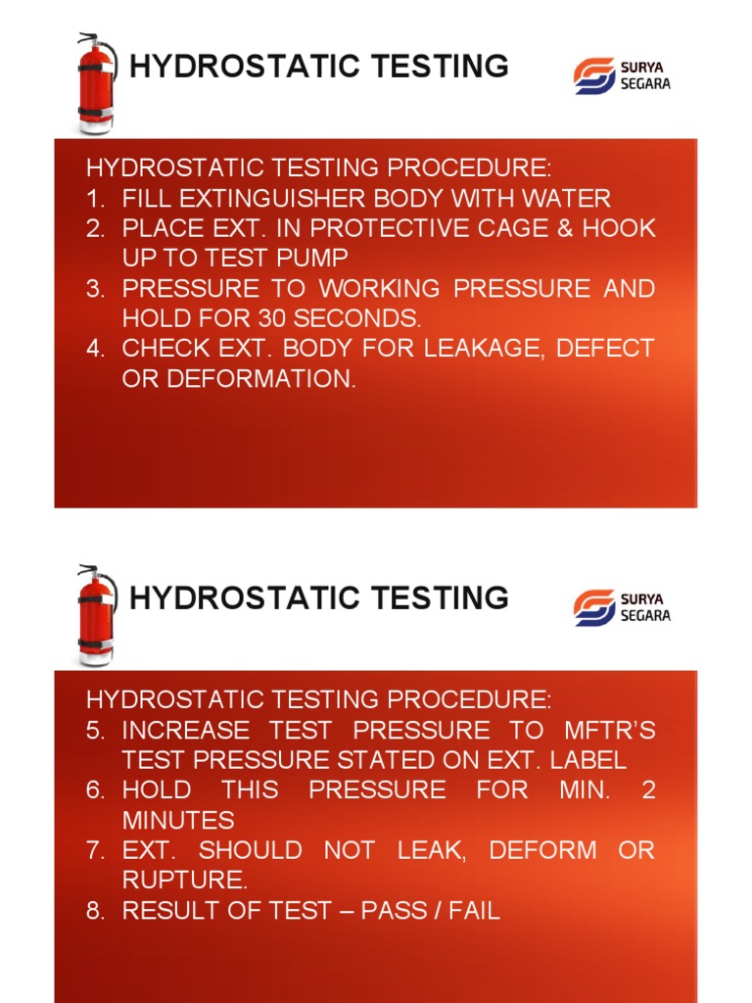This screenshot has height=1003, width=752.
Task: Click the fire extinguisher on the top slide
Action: click(97, 83)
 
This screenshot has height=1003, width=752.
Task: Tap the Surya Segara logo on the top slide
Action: click(622, 75)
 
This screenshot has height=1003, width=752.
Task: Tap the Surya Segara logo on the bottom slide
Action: click(622, 607)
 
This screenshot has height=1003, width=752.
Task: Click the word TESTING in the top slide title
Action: click(440, 66)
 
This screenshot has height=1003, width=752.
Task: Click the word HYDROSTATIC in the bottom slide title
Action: click(244, 598)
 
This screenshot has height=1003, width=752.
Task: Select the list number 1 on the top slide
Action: click(95, 199)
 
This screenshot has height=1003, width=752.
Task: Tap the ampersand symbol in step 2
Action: click(565, 228)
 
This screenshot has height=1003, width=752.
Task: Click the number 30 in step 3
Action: click(272, 318)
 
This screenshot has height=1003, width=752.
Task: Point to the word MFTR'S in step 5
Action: click(610, 730)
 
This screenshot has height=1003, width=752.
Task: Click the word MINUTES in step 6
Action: click(178, 820)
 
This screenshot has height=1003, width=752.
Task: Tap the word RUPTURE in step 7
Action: click(184, 881)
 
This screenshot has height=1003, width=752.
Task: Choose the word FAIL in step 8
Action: click(474, 910)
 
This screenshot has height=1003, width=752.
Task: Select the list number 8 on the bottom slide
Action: click(95, 910)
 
